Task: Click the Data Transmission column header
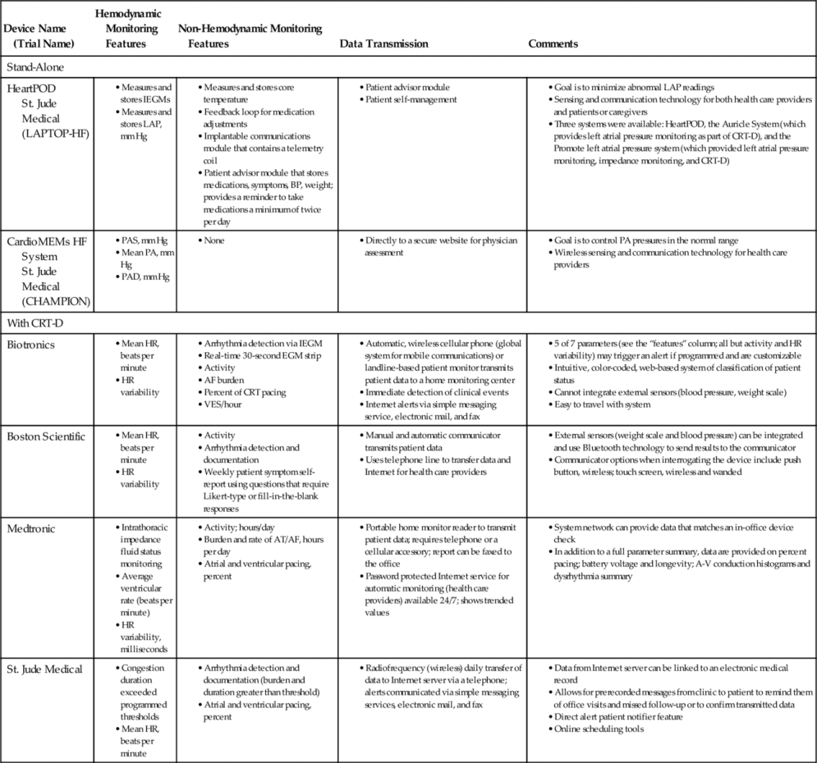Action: [383, 43]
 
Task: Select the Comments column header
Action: [553, 43]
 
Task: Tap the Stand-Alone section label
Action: [35, 66]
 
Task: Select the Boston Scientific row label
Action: [45, 436]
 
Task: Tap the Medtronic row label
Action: [30, 528]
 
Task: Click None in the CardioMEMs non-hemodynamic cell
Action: [214, 240]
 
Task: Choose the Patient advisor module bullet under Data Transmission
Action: [408, 88]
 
